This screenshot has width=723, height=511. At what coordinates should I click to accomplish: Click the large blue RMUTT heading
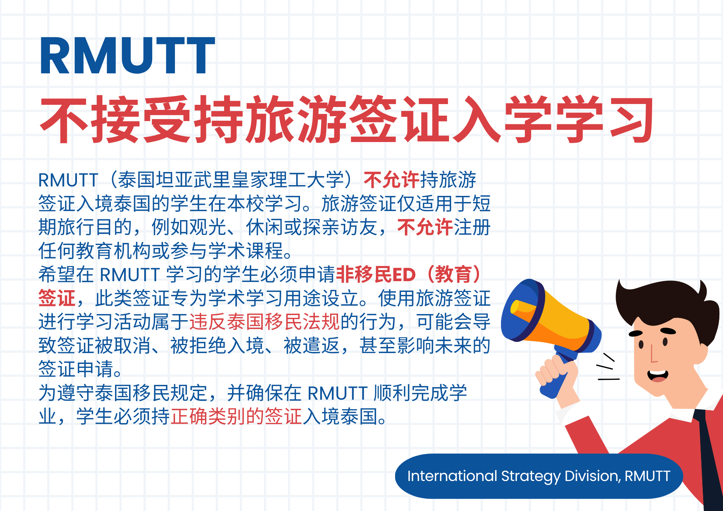[127, 56]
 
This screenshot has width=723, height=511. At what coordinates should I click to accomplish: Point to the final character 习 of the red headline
[631, 119]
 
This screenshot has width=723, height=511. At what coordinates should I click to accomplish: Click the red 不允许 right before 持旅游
[392, 180]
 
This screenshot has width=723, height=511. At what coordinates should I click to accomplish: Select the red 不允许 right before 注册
[425, 227]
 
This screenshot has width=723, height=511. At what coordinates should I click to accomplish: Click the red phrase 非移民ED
[376, 275]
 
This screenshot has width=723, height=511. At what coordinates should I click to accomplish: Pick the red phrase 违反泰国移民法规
[265, 322]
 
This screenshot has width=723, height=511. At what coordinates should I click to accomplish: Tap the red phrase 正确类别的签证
[236, 416]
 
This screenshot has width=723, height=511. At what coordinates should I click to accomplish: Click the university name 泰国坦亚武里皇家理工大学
[231, 180]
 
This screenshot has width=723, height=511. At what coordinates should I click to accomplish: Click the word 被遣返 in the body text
[312, 345]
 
